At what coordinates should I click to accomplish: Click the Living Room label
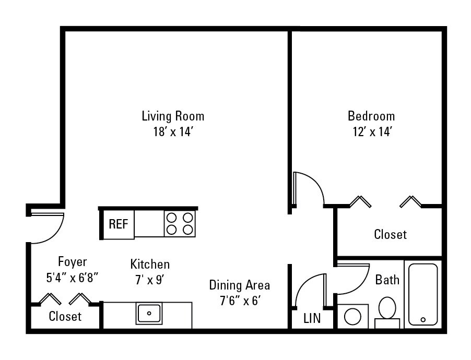(x=173, y=116)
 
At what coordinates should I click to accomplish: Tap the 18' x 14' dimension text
(x=173, y=132)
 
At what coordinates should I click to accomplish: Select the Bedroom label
(x=371, y=116)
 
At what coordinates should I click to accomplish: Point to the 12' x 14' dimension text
(x=372, y=132)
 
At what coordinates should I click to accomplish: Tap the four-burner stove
(x=180, y=223)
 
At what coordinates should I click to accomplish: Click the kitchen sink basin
(x=149, y=314)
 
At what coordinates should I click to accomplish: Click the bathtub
(x=423, y=295)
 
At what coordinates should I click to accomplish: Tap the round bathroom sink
(x=352, y=317)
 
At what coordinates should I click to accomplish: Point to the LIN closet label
(x=312, y=319)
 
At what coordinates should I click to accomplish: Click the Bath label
(x=387, y=280)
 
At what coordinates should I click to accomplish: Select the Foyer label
(x=73, y=262)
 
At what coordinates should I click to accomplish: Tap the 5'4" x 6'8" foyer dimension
(x=73, y=278)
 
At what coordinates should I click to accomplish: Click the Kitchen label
(x=150, y=265)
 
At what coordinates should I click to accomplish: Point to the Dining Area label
(x=239, y=285)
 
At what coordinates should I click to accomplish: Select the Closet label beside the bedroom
(x=391, y=234)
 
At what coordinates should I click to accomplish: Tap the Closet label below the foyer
(x=65, y=317)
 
